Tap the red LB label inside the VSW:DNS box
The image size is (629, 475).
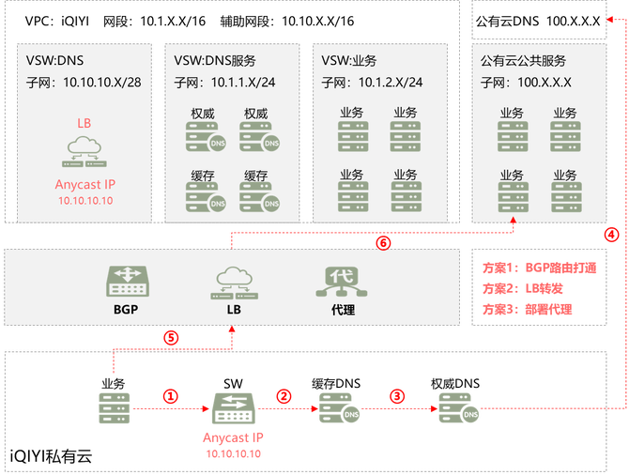point(84,124)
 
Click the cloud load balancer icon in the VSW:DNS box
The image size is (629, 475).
point(84,149)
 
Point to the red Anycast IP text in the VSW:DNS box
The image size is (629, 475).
point(84,185)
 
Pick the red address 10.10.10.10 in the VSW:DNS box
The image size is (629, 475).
point(84,200)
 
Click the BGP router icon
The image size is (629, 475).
point(125,279)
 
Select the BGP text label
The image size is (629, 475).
point(126,308)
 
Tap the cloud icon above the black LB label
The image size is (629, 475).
point(231,279)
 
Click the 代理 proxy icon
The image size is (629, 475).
point(343,279)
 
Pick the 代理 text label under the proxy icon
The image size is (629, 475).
point(343,308)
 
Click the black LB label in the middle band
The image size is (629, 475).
point(231,308)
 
